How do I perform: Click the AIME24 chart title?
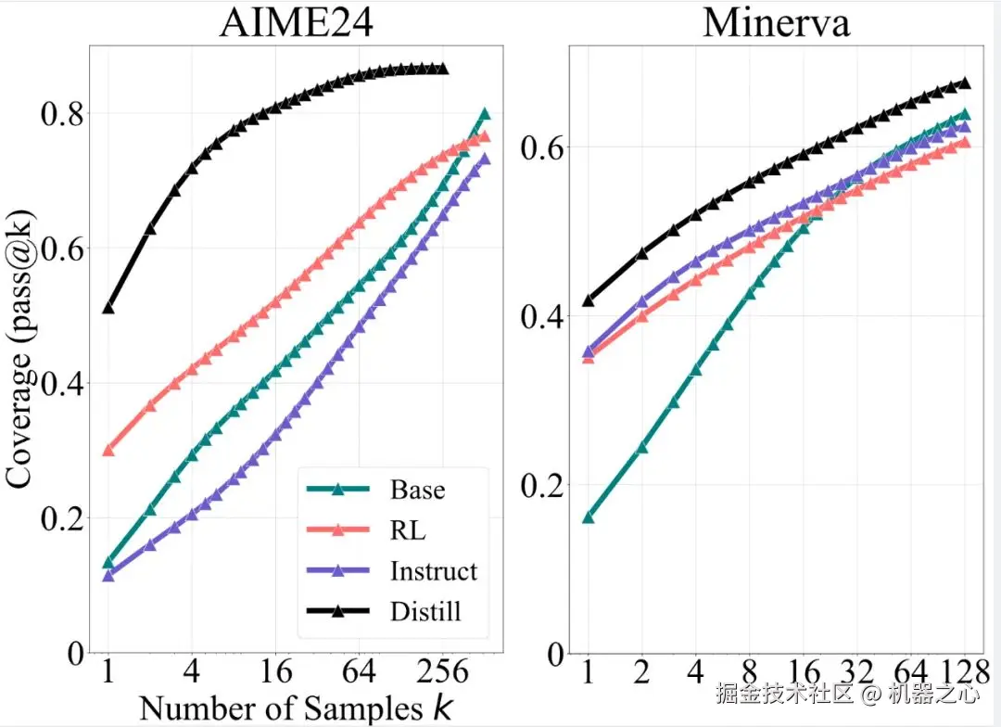[x=296, y=22]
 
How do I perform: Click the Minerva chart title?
[x=776, y=22]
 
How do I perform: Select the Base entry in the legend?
[x=417, y=490]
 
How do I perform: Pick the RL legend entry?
[x=408, y=530]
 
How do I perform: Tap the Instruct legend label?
[x=434, y=570]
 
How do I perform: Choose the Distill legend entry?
[x=425, y=611]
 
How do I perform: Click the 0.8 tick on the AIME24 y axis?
[x=59, y=114]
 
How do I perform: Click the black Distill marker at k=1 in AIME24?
[x=108, y=307]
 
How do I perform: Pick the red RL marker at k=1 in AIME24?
[x=108, y=450]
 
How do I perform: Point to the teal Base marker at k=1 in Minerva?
[x=588, y=517]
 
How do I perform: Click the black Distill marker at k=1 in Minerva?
[x=588, y=300]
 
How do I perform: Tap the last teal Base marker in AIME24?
[x=484, y=114]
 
